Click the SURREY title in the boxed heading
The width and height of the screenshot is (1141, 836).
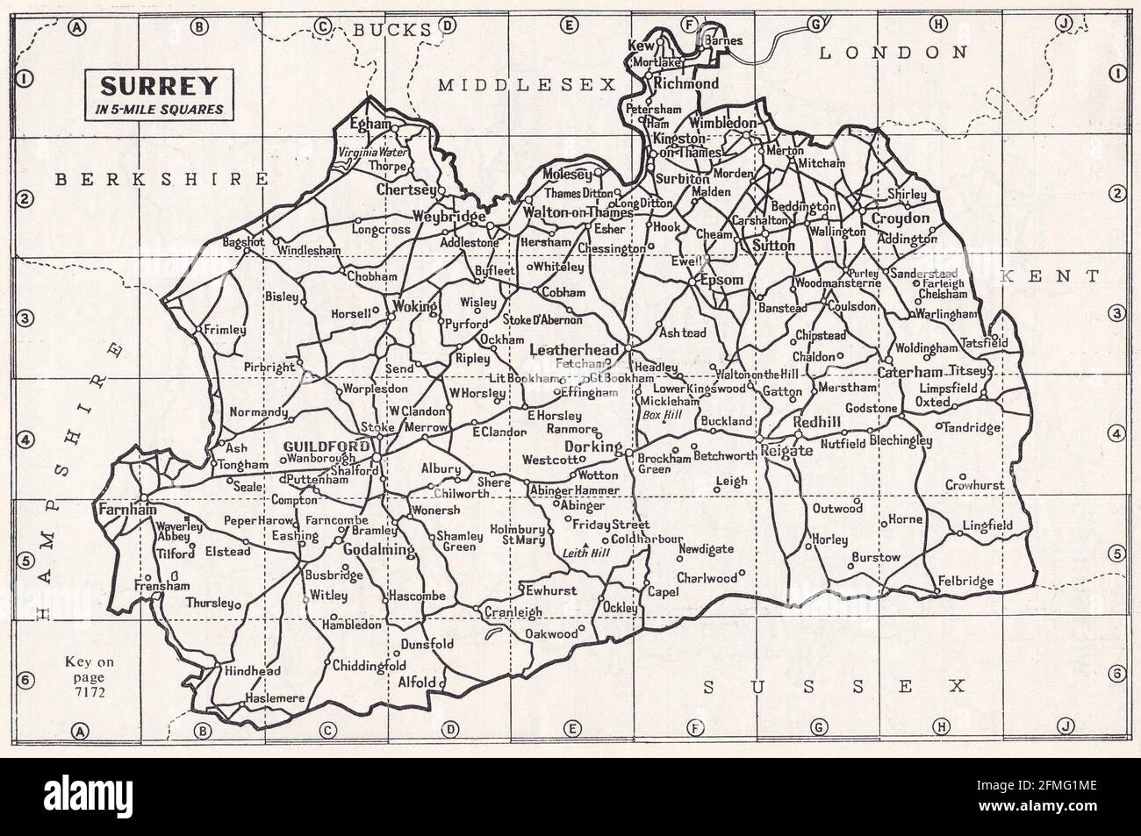click(159, 87)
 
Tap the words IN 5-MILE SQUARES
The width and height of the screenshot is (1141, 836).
click(159, 110)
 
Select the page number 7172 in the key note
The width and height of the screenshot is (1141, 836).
click(84, 693)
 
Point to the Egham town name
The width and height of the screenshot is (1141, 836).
click(369, 125)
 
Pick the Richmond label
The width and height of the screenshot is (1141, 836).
click(686, 84)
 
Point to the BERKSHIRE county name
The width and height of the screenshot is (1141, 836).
click(160, 179)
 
